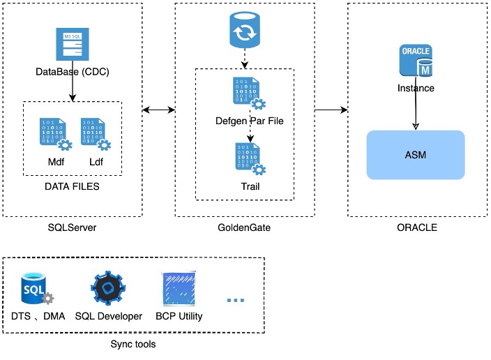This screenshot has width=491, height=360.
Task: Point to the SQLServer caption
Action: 73,228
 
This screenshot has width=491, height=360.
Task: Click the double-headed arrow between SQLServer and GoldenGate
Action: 158,110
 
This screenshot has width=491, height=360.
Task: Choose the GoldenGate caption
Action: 244,228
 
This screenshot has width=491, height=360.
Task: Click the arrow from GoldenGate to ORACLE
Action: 331,110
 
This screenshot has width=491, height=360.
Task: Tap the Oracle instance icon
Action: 416,61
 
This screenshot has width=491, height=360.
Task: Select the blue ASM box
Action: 416,154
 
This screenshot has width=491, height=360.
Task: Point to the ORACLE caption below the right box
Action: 416,228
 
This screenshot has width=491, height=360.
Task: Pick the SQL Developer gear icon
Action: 108,288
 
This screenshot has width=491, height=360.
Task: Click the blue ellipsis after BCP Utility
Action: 236,300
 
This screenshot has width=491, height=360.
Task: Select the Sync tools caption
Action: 133,345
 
